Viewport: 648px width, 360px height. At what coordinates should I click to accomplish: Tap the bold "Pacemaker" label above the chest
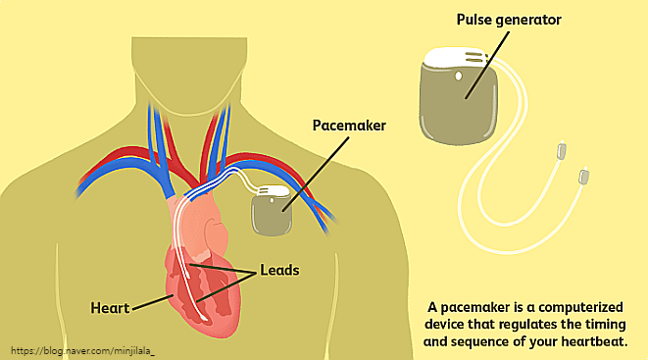point(351,127)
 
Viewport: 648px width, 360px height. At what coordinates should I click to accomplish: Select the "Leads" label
point(280,268)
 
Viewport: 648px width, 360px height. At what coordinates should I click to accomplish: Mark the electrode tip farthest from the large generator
point(585,178)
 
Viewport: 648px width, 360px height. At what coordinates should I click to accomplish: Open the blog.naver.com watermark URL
point(83,349)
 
